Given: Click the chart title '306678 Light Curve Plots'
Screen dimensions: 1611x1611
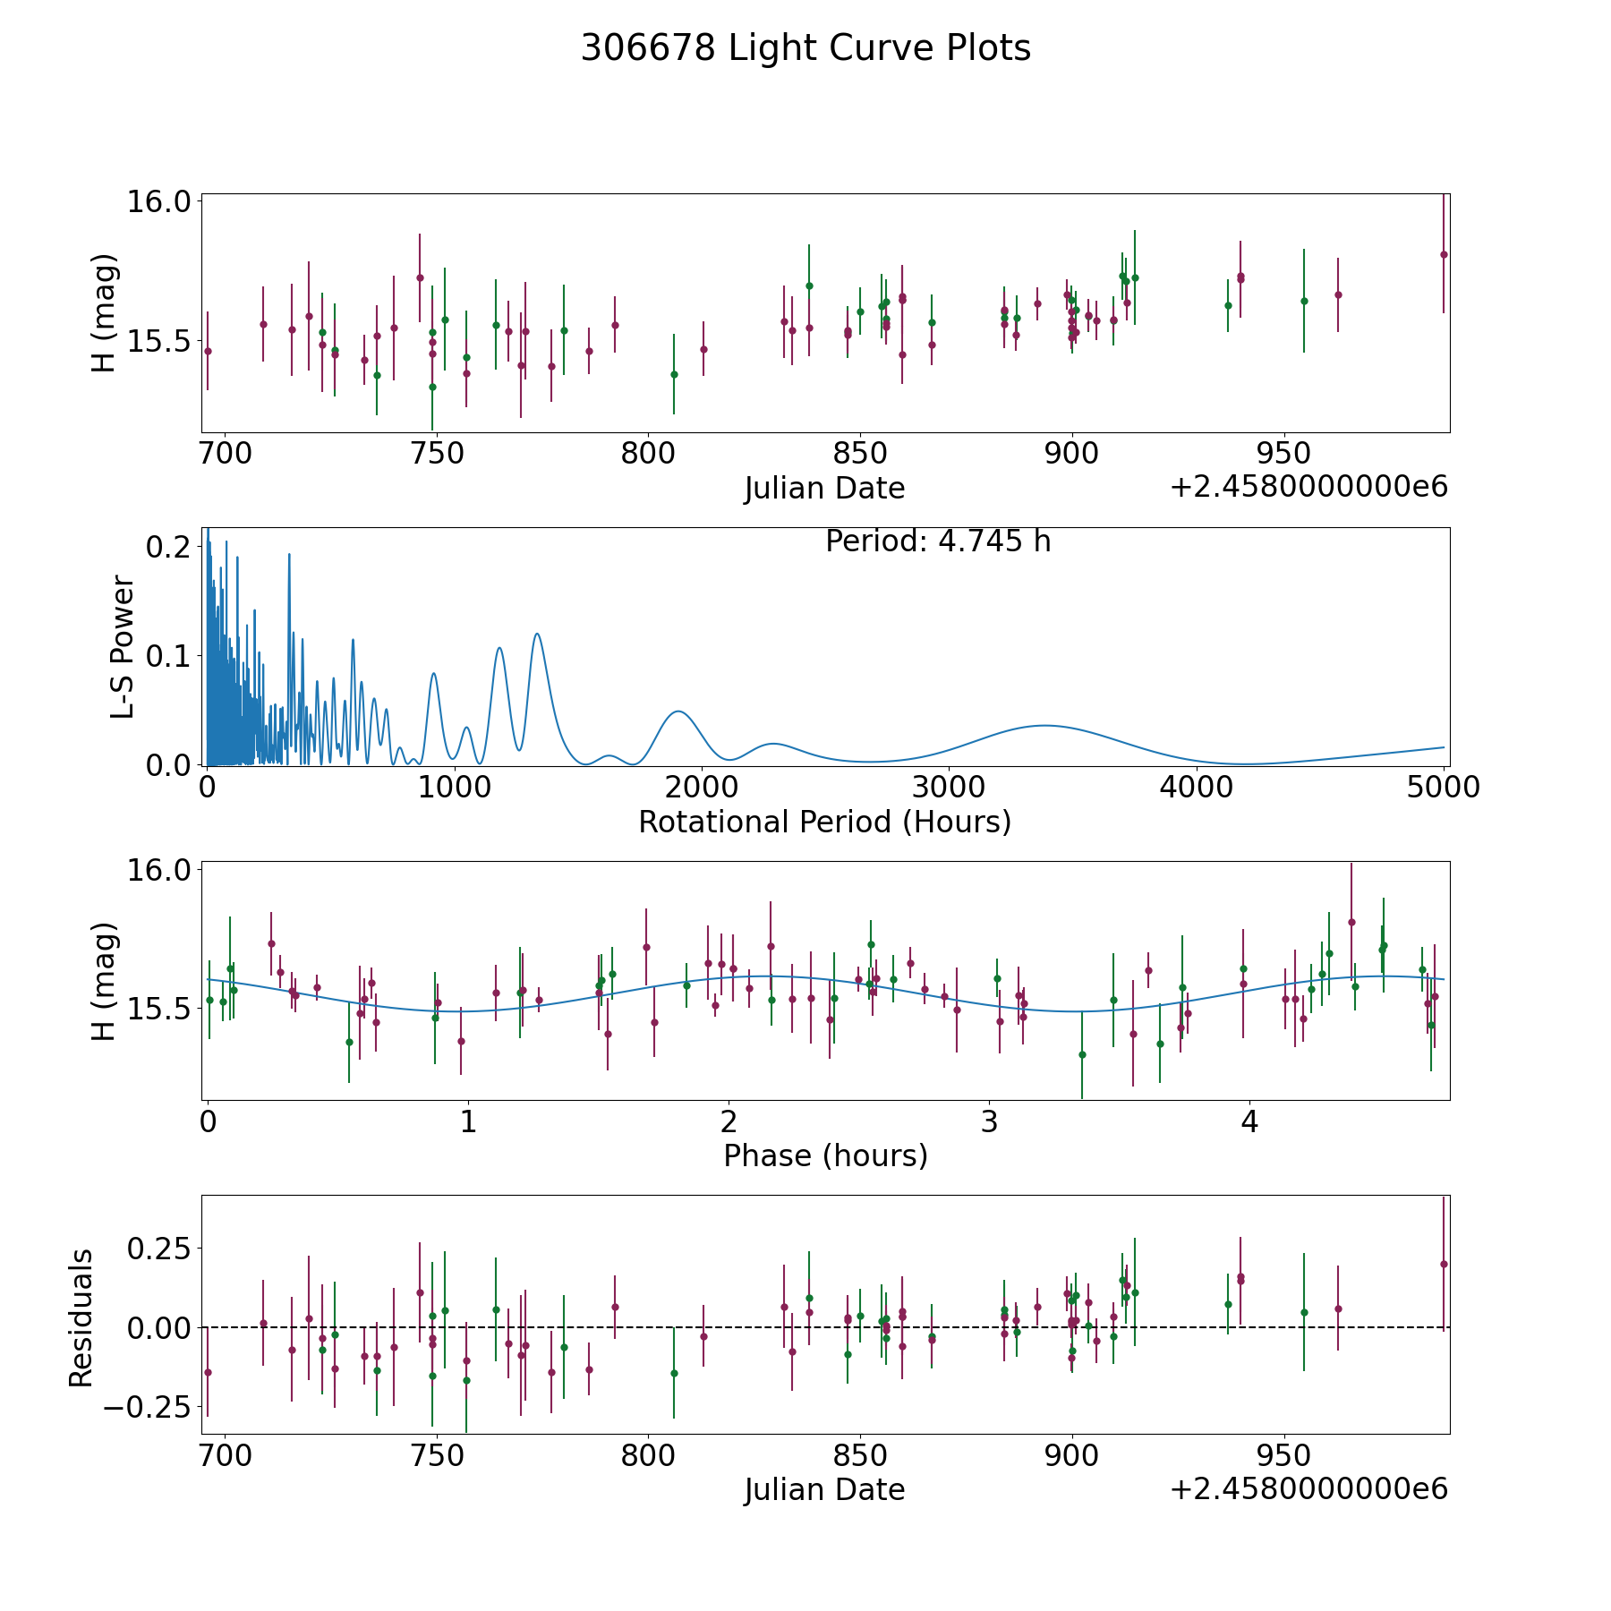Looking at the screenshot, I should pyautogui.click(x=805, y=48).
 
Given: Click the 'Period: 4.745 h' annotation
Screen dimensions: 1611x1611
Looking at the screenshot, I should pyautogui.click(x=938, y=541).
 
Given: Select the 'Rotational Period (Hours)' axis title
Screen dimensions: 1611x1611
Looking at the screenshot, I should pyautogui.click(x=824, y=822).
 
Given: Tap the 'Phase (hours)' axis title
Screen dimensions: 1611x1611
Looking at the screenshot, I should pyautogui.click(x=825, y=1155).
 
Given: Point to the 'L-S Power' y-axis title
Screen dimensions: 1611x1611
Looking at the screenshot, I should pyautogui.click(x=123, y=646).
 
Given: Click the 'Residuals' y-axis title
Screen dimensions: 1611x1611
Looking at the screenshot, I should pyautogui.click(x=81, y=1317).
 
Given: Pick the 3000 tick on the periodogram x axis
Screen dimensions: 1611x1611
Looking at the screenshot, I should pyautogui.click(x=949, y=787).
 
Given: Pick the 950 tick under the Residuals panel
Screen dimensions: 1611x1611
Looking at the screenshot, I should pyautogui.click(x=1284, y=1455).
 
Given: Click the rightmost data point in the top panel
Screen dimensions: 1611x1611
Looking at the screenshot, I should pyautogui.click(x=1444, y=254).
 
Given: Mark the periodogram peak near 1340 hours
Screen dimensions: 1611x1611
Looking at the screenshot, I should pyautogui.click(x=537, y=634).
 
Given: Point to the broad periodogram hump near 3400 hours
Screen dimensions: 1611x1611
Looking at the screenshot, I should pyautogui.click(x=1043, y=725).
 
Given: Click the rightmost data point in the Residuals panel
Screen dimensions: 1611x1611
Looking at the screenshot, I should pyautogui.click(x=1444, y=1264).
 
